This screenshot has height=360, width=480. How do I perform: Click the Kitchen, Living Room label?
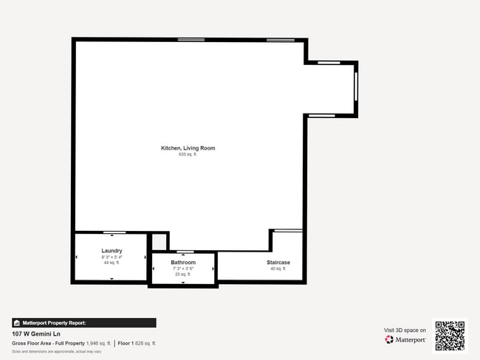[188, 148]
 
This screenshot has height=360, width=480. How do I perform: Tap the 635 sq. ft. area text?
[188, 155]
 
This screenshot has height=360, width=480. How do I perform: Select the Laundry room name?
[112, 251]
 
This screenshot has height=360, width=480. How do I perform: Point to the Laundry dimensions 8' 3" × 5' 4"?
[112, 257]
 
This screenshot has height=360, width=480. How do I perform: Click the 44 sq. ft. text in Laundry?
[112, 263]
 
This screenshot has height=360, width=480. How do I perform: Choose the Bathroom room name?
[183, 263]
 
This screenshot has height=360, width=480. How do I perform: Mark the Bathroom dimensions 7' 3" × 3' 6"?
[183, 269]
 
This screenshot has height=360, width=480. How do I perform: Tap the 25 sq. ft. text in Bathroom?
[183, 274]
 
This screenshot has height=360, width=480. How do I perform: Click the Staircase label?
[278, 263]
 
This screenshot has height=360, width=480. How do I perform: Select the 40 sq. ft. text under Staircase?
[278, 269]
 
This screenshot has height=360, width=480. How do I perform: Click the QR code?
[450, 336]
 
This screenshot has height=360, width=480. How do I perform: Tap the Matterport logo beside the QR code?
[405, 340]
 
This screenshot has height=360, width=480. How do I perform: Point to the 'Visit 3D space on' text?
[405, 330]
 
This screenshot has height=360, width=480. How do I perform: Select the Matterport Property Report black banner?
[84, 322]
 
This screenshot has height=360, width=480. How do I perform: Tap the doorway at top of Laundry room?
[114, 232]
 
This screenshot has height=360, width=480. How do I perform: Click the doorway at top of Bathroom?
[182, 252]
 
